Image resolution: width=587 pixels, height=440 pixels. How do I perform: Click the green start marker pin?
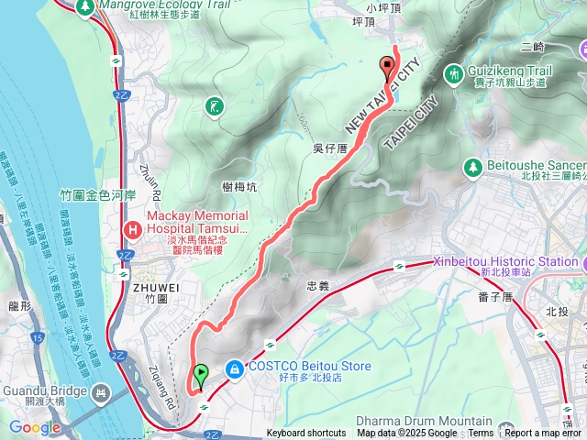click(201, 374)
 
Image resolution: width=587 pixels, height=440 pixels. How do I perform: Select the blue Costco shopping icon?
click(236, 368)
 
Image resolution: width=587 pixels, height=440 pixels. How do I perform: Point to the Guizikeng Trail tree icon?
click(454, 73)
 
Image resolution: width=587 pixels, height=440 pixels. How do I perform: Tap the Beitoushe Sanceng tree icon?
click(473, 167)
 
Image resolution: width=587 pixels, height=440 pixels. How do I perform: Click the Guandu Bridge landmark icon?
click(103, 395)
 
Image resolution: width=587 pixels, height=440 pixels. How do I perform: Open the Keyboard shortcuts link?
click(306, 434)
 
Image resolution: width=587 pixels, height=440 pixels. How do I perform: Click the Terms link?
click(481, 434)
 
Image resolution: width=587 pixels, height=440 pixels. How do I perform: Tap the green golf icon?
click(214, 106)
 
